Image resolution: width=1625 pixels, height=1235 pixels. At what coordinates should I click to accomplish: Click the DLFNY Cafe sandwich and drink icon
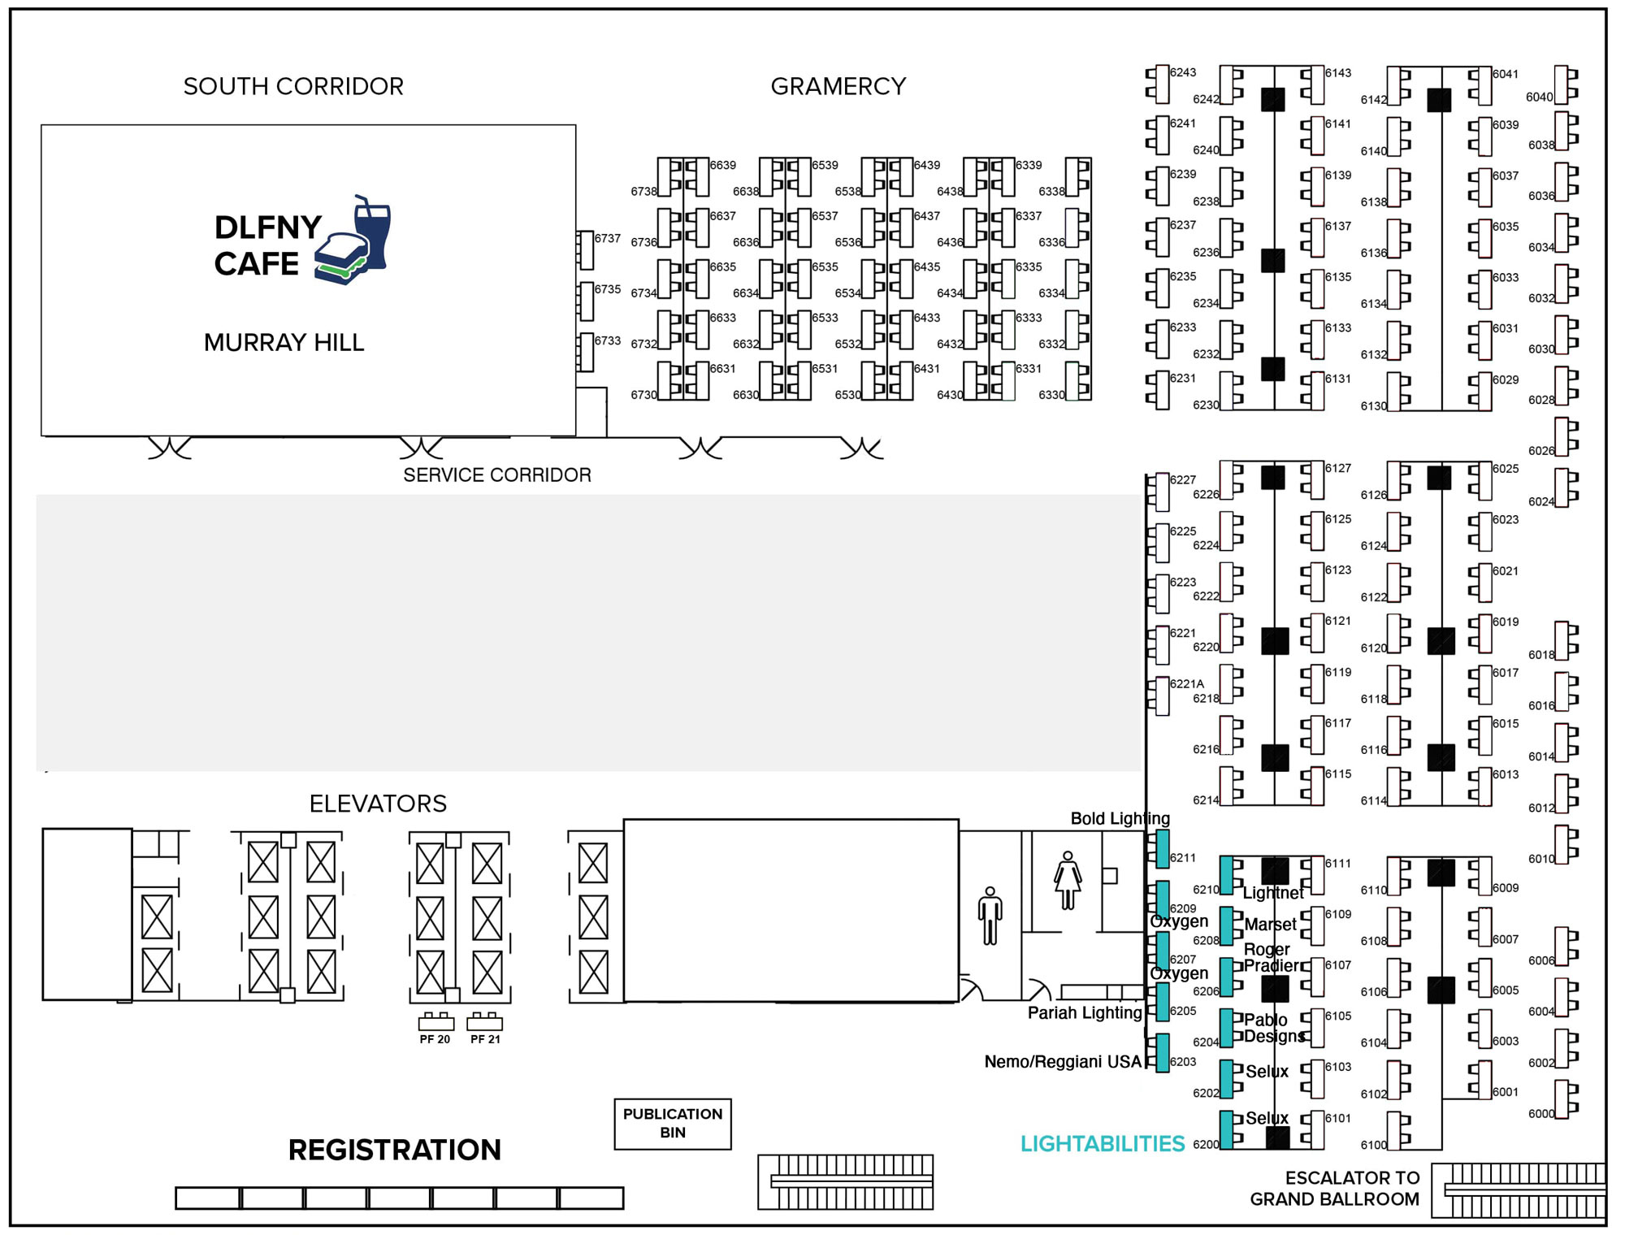tap(353, 241)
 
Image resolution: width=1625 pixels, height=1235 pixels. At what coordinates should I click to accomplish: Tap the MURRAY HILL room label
tap(284, 343)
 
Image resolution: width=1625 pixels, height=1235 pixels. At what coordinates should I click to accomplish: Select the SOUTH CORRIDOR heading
tap(293, 86)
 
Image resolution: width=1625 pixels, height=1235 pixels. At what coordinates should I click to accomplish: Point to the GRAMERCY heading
tap(838, 86)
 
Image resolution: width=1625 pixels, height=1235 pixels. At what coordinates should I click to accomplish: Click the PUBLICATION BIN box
tap(673, 1124)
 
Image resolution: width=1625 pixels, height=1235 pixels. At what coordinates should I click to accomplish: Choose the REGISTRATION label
tap(394, 1150)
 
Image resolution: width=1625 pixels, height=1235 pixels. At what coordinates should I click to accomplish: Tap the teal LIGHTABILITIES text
tap(1103, 1144)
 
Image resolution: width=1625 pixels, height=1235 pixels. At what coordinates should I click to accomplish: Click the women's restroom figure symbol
tap(1068, 881)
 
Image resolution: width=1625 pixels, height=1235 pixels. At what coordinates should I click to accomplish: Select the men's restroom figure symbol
tap(990, 916)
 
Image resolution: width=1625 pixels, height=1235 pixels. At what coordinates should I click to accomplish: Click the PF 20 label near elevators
tap(435, 1039)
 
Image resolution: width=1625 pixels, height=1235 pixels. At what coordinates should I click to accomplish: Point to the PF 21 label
tap(485, 1039)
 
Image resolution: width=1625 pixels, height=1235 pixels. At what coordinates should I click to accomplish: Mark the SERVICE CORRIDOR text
tap(497, 475)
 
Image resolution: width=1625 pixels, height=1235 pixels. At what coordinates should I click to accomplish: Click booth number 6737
tap(607, 238)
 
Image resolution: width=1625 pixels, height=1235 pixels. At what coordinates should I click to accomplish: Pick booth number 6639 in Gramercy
tap(722, 165)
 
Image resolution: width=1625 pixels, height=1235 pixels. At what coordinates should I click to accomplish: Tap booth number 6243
tap(1182, 72)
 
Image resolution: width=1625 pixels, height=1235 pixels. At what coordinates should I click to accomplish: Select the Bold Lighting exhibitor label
tap(1120, 818)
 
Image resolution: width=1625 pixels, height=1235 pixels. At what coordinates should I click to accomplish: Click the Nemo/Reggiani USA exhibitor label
tap(1062, 1062)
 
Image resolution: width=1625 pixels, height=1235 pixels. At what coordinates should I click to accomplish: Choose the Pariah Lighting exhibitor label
tap(1084, 1012)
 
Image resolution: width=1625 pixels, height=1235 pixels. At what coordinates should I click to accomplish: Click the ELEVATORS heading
tap(378, 804)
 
